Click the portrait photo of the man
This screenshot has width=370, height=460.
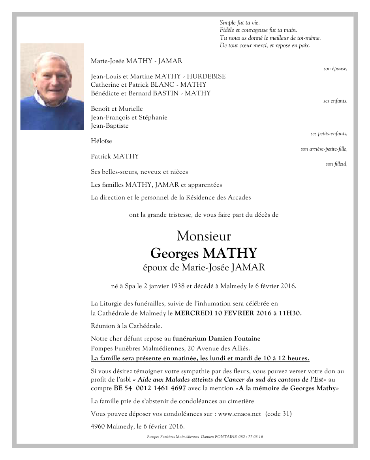pos(52,87)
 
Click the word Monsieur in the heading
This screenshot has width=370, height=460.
pos(204,236)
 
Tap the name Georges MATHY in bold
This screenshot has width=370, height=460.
pos(204,253)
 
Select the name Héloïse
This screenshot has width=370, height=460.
pos(101,141)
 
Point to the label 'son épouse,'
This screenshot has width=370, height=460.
pos(335,69)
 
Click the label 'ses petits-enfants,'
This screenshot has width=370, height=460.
pos(329,134)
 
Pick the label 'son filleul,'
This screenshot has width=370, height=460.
pos(336,164)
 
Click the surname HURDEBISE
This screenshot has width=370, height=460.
pos(206,76)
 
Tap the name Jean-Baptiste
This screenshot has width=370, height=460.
pos(110,126)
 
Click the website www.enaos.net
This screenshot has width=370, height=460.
pos(240,414)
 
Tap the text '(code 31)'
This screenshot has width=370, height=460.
pos(278,414)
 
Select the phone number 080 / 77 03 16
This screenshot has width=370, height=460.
pos(251,437)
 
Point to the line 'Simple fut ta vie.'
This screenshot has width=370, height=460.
pos(240,23)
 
